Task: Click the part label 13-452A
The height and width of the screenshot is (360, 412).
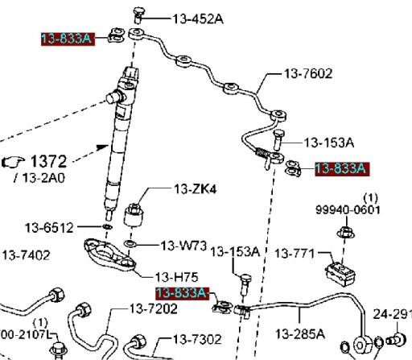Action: [x=198, y=19]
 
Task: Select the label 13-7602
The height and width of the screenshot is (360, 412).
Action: [x=308, y=73]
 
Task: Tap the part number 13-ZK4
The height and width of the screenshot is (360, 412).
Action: [x=196, y=189]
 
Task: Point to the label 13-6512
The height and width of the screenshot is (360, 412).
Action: [x=49, y=228]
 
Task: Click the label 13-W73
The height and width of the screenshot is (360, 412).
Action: [x=183, y=246]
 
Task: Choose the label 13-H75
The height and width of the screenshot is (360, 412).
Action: [x=177, y=277]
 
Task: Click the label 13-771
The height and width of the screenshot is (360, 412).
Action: [x=295, y=253]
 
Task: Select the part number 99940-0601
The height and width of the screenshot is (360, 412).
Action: [x=348, y=209]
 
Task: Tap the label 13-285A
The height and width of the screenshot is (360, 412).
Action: [x=300, y=334]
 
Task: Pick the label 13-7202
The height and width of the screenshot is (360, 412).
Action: [x=154, y=308]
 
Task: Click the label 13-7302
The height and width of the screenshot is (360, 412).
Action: [x=197, y=339]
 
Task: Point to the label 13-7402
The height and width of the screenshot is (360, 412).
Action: [x=27, y=255]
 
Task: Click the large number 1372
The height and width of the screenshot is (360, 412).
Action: [x=48, y=161]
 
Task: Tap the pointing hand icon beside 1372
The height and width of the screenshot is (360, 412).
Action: [x=13, y=162]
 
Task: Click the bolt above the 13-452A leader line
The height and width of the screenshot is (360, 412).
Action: [x=138, y=15]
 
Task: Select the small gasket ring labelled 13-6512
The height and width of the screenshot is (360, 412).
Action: [x=107, y=227]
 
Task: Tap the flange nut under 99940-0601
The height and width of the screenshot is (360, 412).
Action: [x=346, y=233]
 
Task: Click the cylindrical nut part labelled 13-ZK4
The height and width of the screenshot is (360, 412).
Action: [x=134, y=215]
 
